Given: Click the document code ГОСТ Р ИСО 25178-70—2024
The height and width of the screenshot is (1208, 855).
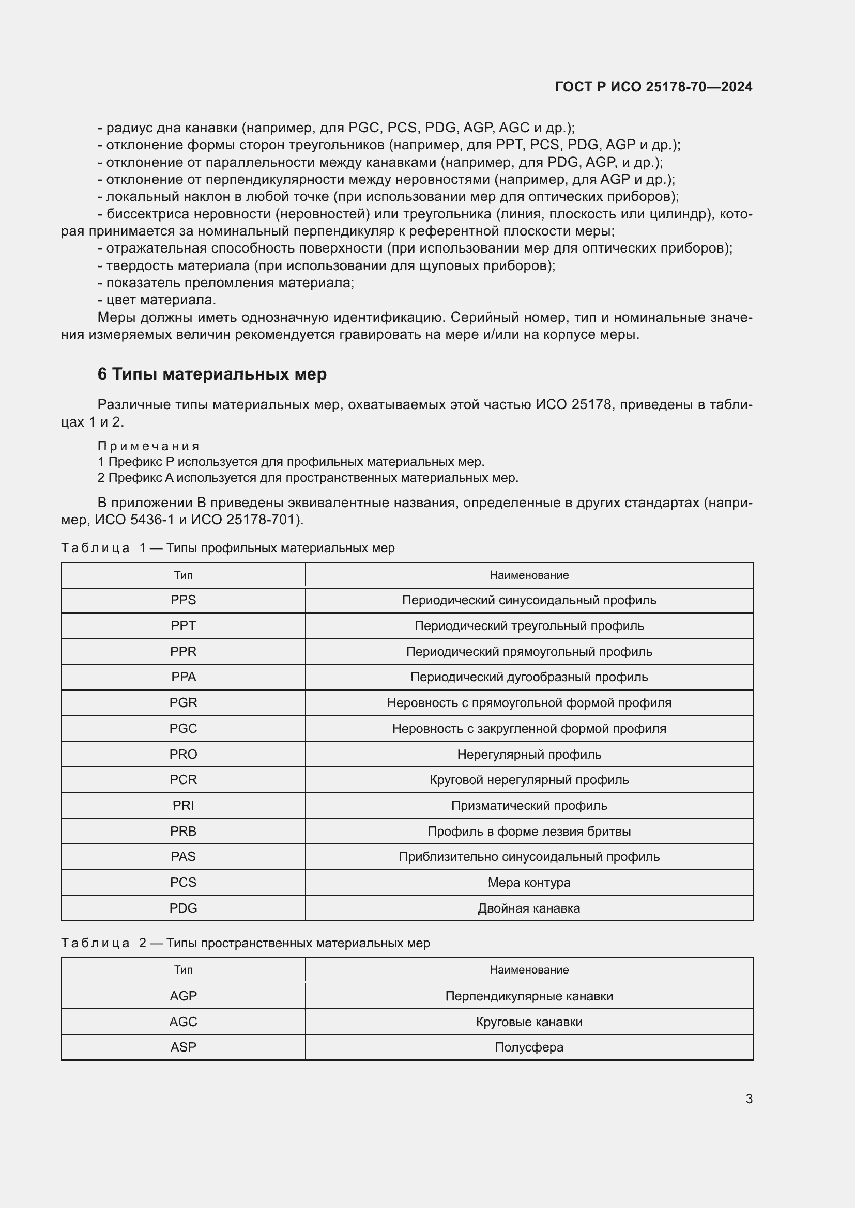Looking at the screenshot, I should pos(653,87).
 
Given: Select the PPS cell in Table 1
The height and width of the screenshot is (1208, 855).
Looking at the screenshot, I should pos(183,600).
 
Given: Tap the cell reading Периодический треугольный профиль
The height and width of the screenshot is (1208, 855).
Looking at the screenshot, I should pos(529,626).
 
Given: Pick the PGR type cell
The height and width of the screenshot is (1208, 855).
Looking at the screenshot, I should pos(183,703).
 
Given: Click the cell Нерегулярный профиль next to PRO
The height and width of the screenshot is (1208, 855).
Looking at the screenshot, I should pos(529,755).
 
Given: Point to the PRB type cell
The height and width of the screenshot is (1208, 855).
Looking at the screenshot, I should pos(183,832).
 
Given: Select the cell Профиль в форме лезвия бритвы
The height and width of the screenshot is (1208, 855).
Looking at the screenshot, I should pos(529,832).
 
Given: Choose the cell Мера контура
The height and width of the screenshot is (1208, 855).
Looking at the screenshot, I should pos(529,882).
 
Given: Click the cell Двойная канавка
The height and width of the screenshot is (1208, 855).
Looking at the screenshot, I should pos(529,908).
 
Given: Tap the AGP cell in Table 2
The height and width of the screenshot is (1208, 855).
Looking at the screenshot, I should pos(183,996).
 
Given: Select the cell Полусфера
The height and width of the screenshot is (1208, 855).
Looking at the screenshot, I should pos(529,1047).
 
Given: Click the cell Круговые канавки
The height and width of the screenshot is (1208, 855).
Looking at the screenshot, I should pos(529,1022).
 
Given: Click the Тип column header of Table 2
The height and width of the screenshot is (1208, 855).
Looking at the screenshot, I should pos(183,970).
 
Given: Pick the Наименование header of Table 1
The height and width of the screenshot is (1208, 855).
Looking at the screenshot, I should pos(529,575).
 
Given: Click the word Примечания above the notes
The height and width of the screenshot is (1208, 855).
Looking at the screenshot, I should pos(148,446).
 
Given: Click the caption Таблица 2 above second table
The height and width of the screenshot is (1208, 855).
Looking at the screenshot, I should pos(246,943).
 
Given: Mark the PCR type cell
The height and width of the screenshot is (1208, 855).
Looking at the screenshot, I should pos(183,780).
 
